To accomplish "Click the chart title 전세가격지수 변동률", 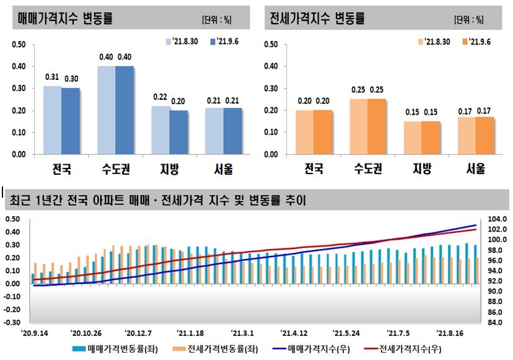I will point(317,17).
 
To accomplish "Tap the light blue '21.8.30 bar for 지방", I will point(160,130).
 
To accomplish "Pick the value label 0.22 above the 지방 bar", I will point(160,98).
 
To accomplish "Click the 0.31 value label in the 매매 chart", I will point(52,77).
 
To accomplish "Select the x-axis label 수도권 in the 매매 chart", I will point(115,169).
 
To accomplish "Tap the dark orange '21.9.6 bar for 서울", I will point(485,135).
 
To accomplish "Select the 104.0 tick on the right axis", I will point(499,219).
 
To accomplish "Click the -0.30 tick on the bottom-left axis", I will point(12,323).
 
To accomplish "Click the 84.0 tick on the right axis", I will point(499,323).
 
